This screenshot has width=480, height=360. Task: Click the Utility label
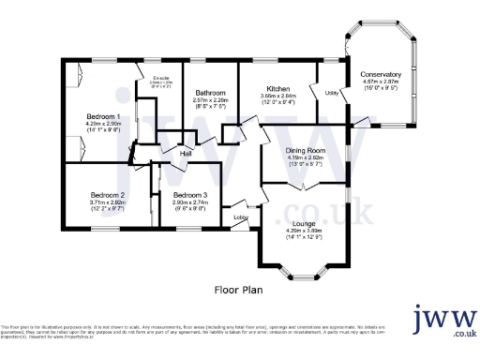(x=331, y=93)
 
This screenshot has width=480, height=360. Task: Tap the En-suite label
(x=160, y=77)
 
